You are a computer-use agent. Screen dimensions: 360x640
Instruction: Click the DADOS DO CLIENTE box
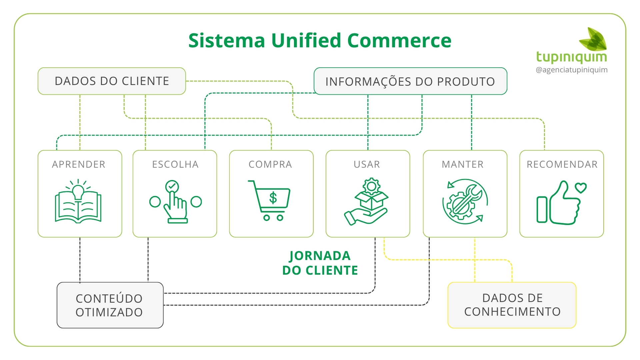pos(112,81)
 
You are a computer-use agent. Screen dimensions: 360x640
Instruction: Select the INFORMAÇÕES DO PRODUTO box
pos(410,81)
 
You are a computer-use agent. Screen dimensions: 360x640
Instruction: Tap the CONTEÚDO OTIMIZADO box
pos(110,305)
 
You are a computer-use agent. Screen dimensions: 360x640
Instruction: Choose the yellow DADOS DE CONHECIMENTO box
pos(512,305)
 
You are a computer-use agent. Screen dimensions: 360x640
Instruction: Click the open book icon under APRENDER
pos(78,207)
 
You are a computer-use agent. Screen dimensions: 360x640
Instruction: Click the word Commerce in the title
pos(399,41)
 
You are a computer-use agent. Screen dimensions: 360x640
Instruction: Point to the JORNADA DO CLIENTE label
pos(320,263)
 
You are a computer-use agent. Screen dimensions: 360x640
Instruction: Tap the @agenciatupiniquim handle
pos(571,70)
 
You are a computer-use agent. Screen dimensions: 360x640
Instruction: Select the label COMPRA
pos(270,164)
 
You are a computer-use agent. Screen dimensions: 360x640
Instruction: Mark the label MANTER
pos(463,164)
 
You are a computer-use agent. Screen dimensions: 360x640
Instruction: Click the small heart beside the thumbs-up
pos(581,188)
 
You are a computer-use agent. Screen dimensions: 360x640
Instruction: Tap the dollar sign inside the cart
pos(273,198)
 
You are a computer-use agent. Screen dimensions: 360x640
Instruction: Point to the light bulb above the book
pos(78,192)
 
